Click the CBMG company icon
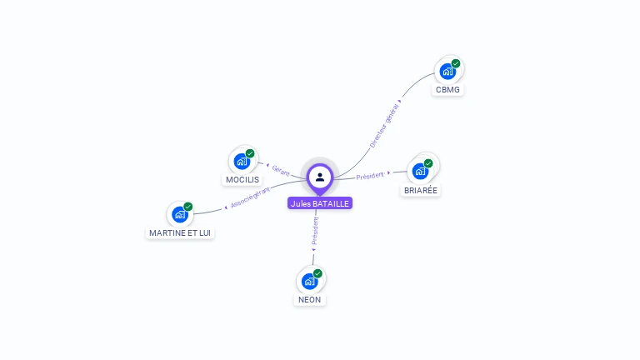(x=447, y=72)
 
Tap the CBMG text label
(x=447, y=89)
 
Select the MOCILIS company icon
(x=242, y=161)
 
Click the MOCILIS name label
(x=242, y=179)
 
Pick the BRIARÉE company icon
(x=420, y=171)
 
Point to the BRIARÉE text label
(x=421, y=190)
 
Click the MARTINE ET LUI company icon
(x=180, y=214)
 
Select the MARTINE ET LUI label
(x=180, y=232)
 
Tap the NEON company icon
(x=309, y=281)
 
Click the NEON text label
(x=309, y=299)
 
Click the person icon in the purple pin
(x=320, y=177)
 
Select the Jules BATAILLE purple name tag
(x=320, y=203)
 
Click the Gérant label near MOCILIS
(x=280, y=169)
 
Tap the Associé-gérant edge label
(x=250, y=197)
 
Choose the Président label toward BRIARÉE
(x=370, y=175)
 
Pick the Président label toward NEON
(x=316, y=232)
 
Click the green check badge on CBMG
(x=456, y=63)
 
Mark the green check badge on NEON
(x=317, y=273)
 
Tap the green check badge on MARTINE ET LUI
(x=188, y=207)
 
